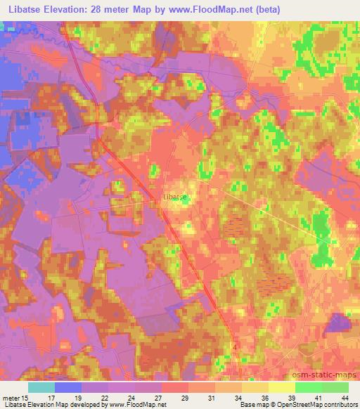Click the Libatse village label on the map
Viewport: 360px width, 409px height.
175,197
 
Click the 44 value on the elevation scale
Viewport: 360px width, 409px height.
345,396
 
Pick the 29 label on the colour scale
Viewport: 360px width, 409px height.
184,396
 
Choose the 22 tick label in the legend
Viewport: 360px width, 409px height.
104,396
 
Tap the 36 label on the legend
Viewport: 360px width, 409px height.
264,396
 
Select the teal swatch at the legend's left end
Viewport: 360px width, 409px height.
41,387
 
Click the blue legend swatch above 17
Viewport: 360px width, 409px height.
67,387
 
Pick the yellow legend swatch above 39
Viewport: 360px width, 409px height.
281,387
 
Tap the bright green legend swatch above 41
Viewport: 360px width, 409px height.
308,387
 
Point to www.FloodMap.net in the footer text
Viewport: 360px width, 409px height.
138,405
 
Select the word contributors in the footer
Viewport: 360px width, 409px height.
338,405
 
